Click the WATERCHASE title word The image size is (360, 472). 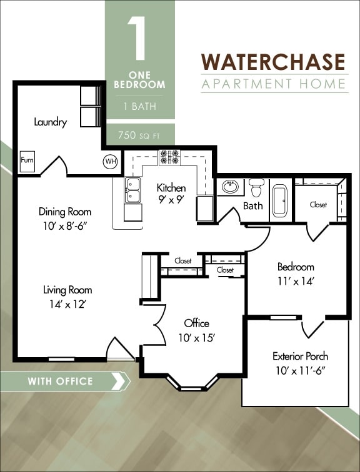point(273,62)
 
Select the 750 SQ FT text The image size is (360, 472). point(139,134)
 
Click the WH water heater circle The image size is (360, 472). point(111,162)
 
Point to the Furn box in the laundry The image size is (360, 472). point(27,160)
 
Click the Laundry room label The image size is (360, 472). point(50,122)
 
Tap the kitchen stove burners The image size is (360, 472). point(169,157)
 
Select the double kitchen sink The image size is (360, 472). point(133,190)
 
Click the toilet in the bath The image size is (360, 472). point(256,187)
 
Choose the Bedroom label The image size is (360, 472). point(296,267)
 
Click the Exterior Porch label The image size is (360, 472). point(300,356)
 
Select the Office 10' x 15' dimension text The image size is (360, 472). point(196,338)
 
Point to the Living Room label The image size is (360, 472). point(67,290)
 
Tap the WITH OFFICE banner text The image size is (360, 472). point(60,381)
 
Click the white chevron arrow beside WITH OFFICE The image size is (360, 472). point(116,381)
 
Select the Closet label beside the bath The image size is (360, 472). point(318,205)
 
